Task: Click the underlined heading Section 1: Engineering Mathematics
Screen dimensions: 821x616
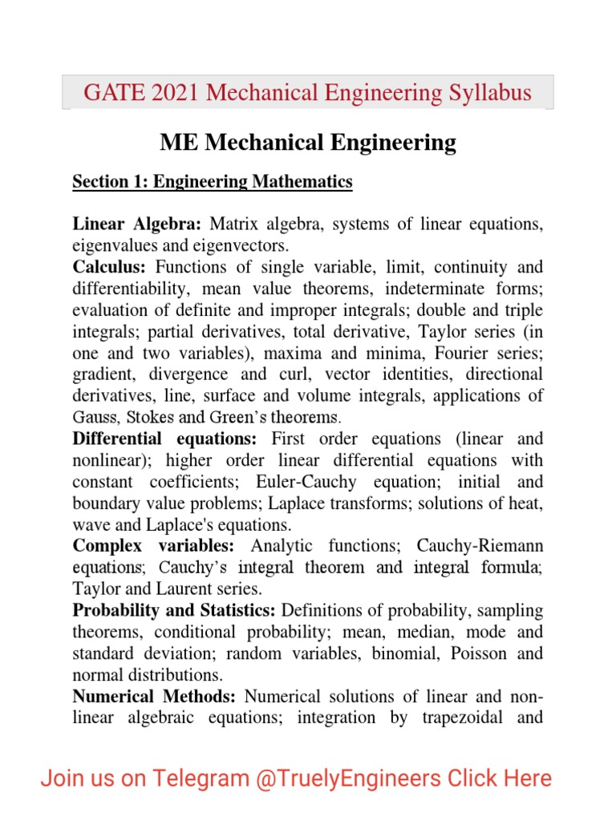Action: (213, 182)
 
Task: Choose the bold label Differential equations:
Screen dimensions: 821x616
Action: (164, 439)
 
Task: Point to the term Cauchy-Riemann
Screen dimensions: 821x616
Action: (480, 546)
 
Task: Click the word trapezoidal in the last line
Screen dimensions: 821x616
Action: (466, 717)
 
